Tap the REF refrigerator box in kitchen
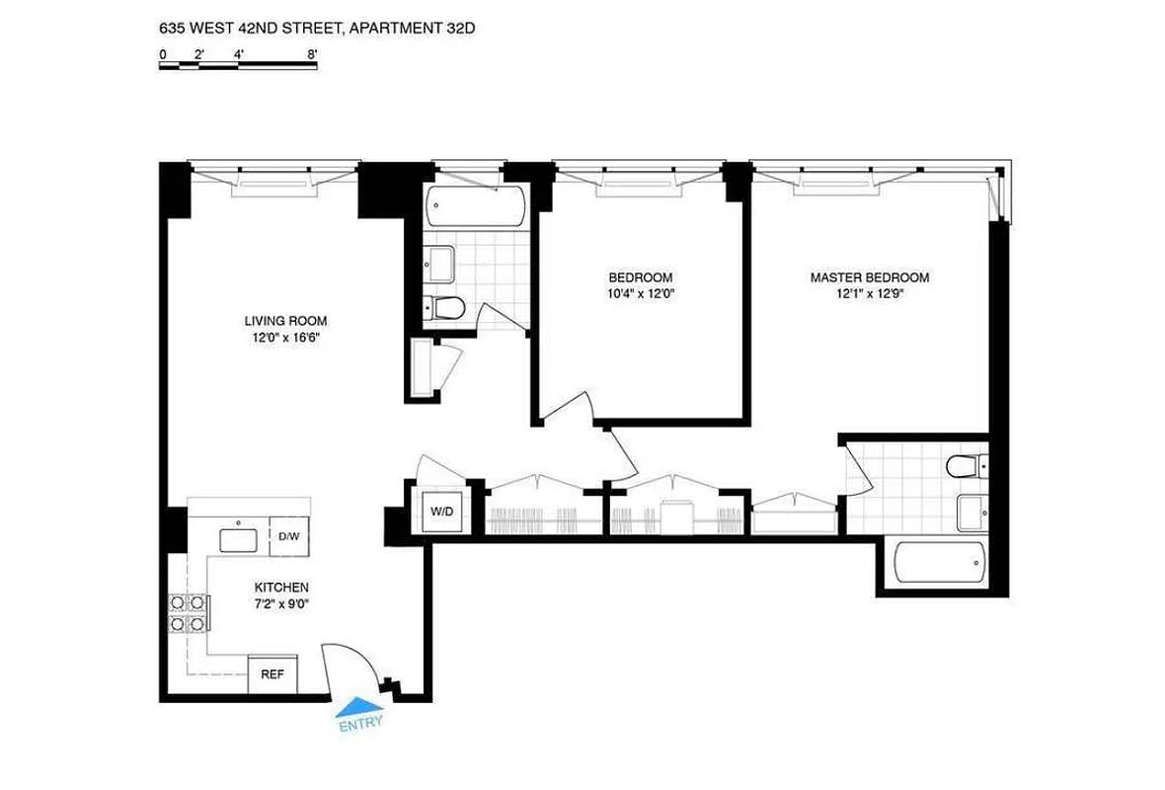(x=272, y=674)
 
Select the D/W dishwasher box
(x=289, y=536)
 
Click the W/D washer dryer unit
(x=441, y=512)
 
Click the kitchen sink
(x=238, y=539)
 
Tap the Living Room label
(x=285, y=321)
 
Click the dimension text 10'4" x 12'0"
(x=640, y=293)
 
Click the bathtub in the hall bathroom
(x=477, y=208)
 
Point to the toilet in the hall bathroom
(x=445, y=308)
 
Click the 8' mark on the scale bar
(x=313, y=56)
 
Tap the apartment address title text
(x=317, y=30)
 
